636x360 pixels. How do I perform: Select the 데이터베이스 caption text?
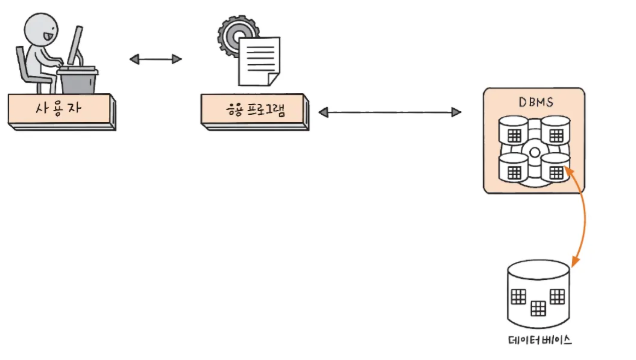540,340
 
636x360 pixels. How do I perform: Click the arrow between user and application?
157,60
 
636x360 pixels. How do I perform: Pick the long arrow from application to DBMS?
394,113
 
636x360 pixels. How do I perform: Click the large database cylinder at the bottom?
540,291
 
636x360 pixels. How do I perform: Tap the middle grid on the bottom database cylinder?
540,306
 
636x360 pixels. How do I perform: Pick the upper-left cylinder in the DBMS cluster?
514,133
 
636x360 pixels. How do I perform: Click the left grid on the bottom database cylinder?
519,297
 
